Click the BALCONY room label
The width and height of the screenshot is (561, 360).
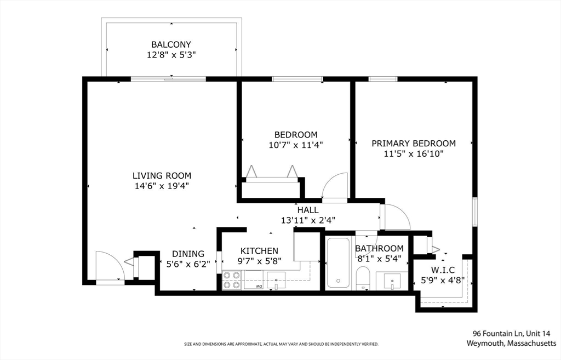(171, 45)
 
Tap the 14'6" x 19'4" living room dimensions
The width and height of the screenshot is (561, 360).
(162, 186)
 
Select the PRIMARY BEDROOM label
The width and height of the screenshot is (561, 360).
(414, 144)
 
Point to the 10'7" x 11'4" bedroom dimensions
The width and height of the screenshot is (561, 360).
(296, 145)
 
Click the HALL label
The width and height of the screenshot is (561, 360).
(308, 210)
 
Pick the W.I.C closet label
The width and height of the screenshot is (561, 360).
(443, 270)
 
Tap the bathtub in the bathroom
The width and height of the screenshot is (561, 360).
(337, 262)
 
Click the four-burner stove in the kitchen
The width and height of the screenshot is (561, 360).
(232, 280)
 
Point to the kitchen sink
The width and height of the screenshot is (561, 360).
(276, 281)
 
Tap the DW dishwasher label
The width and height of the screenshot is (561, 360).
(259, 286)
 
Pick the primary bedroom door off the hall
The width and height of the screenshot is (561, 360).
(397, 216)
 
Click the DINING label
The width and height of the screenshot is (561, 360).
(188, 254)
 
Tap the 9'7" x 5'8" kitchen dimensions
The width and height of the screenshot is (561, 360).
(259, 261)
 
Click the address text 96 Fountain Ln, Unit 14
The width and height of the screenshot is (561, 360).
(512, 334)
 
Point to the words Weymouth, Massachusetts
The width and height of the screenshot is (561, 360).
(511, 343)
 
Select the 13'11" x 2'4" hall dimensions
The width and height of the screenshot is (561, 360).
(308, 220)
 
